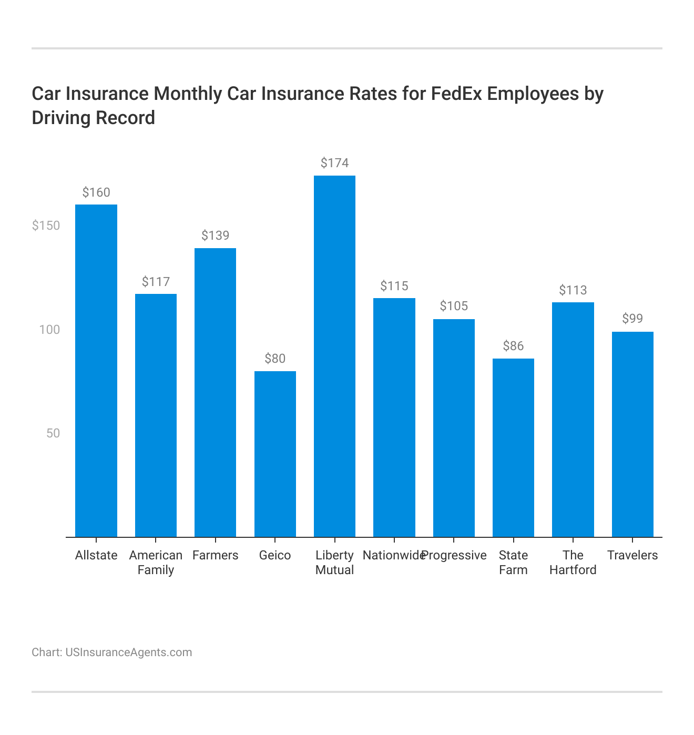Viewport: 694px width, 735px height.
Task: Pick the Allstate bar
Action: click(x=96, y=371)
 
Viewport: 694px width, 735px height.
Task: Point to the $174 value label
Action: click(x=334, y=163)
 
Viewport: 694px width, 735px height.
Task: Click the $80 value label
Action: click(x=275, y=359)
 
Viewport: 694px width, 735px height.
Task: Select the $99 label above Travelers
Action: click(x=632, y=319)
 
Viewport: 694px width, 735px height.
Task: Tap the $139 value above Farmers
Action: click(x=216, y=236)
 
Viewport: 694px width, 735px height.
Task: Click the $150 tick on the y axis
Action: click(x=46, y=226)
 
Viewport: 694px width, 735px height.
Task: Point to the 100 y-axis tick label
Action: click(x=50, y=330)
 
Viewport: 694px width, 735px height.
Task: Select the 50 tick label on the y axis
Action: click(x=53, y=433)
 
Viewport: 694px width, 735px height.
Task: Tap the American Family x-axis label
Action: click(x=156, y=563)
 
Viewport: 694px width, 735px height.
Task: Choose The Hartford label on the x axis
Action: click(x=573, y=563)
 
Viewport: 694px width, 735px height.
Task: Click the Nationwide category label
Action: click(x=393, y=555)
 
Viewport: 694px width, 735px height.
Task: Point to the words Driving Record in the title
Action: click(x=94, y=118)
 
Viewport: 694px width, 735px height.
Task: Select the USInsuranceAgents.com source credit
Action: click(x=128, y=652)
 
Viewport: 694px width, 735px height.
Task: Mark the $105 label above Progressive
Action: click(x=454, y=306)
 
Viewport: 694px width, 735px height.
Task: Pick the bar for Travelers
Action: click(x=632, y=434)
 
